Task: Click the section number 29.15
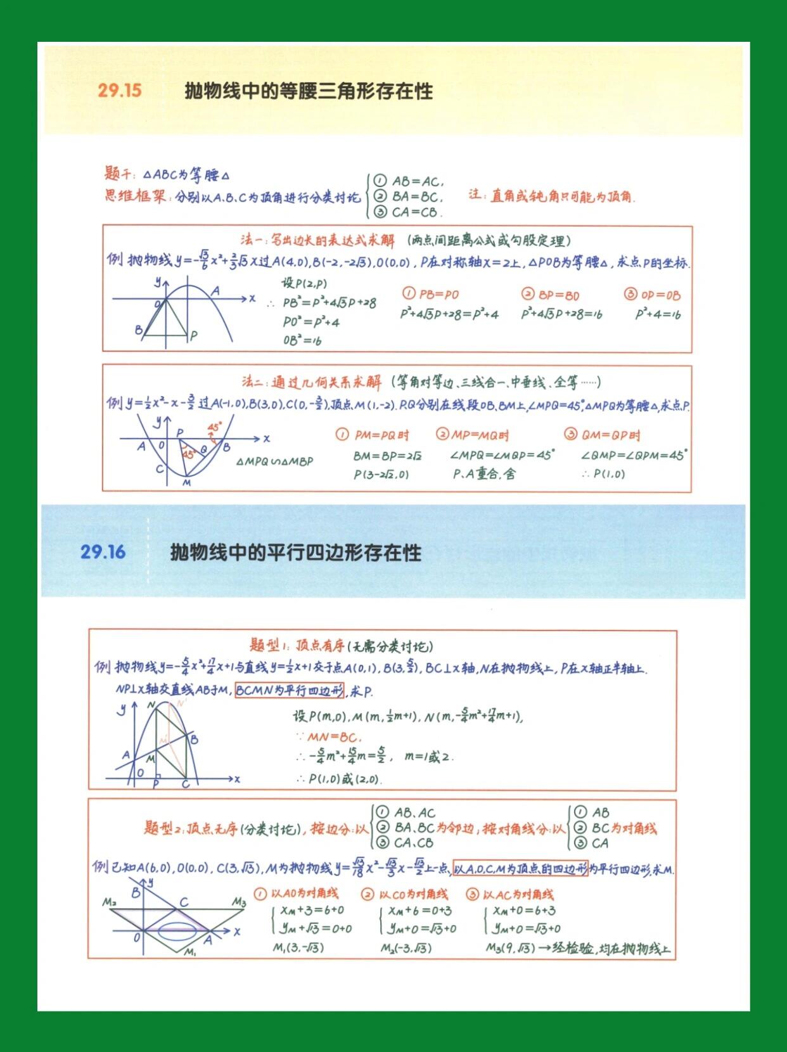tap(120, 90)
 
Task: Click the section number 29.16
tap(103, 552)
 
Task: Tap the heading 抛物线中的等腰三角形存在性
tap(309, 91)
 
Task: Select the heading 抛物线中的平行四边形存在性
tap(295, 553)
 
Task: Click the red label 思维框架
tap(135, 196)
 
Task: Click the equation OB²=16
tap(302, 340)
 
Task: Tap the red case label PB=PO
tap(431, 295)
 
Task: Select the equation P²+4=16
tap(658, 314)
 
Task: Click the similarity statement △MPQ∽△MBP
tap(274, 461)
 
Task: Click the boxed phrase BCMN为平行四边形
tap(290, 691)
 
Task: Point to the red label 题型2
tap(163, 828)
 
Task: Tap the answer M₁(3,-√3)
tap(298, 948)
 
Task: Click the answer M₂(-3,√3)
tap(406, 948)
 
